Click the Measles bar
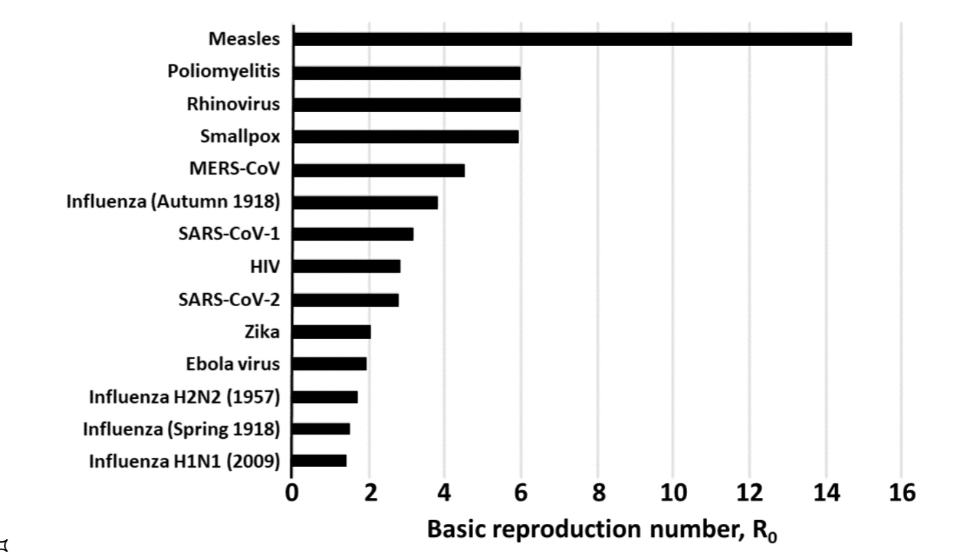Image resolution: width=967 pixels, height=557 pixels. (x=572, y=39)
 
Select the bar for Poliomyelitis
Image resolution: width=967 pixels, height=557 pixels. (x=406, y=72)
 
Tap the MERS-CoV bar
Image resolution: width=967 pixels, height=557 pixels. (x=378, y=170)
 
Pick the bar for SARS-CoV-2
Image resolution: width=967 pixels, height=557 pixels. (x=345, y=300)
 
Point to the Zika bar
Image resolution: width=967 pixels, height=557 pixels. (x=332, y=332)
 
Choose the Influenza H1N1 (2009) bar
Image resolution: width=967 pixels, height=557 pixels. (x=319, y=461)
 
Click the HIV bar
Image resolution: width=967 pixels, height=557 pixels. (x=346, y=267)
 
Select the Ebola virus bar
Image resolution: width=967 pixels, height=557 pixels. (x=329, y=364)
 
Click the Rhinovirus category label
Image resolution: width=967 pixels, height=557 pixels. (x=234, y=105)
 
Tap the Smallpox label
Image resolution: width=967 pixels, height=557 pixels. (x=240, y=136)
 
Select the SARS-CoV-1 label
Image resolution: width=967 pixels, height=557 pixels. (x=229, y=234)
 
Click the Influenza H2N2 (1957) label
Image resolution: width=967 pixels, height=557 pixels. (x=184, y=397)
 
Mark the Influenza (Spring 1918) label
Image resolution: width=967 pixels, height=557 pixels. (x=182, y=429)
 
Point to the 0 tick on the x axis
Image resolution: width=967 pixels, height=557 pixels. (x=292, y=493)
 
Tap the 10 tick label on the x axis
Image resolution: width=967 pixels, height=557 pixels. (x=673, y=493)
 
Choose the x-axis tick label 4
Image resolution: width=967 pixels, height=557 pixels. (x=445, y=493)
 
